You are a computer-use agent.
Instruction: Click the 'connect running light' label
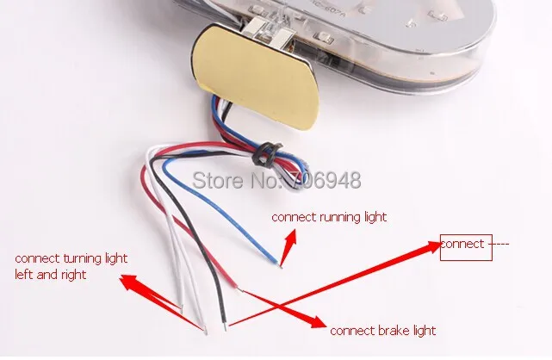coord(329,217)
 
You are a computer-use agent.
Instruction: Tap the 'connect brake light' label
coord(383,331)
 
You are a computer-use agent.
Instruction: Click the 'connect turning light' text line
coord(71,258)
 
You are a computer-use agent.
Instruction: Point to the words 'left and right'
coord(51,275)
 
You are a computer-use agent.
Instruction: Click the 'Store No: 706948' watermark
coord(276,181)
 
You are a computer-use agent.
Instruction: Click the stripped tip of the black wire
coord(226,326)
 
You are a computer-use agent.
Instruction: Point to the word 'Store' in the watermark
coord(213,181)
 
